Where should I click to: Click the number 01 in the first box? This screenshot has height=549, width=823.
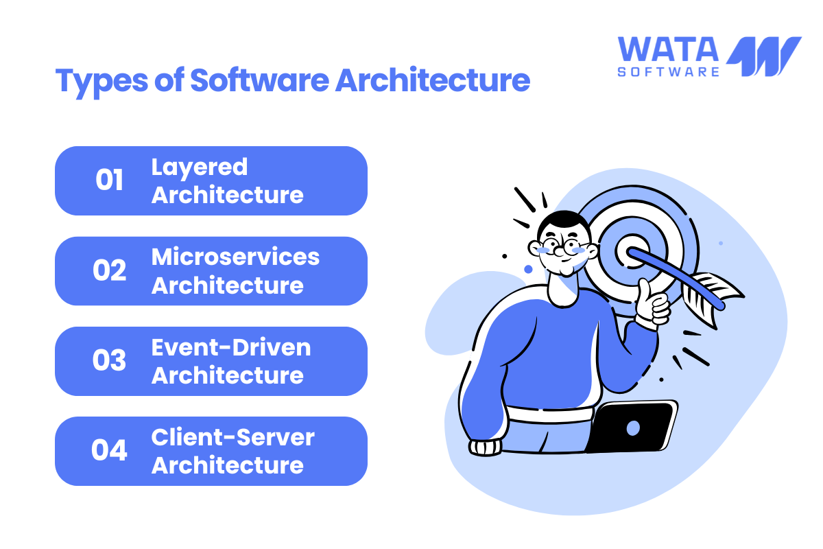[109, 180]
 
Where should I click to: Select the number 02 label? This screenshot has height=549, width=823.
[109, 270]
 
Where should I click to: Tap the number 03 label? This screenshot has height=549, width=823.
[109, 360]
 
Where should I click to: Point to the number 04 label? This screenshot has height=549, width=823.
[109, 450]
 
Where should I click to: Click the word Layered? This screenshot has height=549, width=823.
[200, 168]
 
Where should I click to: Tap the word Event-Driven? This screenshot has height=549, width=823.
[231, 347]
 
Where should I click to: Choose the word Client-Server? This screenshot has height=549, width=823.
[233, 437]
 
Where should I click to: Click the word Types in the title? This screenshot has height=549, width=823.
[102, 82]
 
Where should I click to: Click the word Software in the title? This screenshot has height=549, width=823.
[260, 80]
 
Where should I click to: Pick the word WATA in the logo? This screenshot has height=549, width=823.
[668, 49]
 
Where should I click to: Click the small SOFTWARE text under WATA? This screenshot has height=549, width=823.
[668, 71]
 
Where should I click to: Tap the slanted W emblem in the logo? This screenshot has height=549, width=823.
[763, 56]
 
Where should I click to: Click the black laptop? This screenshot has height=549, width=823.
[631, 427]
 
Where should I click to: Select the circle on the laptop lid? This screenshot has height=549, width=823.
[633, 428]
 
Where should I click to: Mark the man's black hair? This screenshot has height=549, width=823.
[564, 222]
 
